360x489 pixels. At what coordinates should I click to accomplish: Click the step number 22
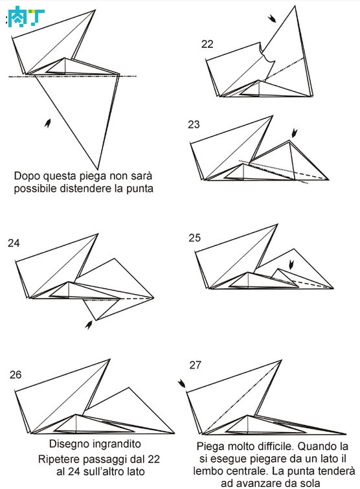(207, 44)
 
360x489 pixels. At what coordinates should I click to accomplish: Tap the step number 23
(194, 124)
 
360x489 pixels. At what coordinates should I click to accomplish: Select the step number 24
(14, 243)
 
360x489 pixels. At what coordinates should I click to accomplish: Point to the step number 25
(194, 238)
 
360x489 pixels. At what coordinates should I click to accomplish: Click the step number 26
(16, 374)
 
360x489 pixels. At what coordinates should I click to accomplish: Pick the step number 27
(196, 365)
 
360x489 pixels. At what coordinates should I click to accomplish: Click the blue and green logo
(26, 17)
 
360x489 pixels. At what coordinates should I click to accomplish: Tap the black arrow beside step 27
(181, 383)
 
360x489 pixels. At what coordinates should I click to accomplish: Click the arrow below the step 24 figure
(89, 324)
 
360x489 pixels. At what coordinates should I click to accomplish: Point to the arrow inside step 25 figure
(291, 264)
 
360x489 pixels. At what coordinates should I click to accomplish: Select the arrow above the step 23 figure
(294, 133)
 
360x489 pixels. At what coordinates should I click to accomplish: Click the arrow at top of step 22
(272, 18)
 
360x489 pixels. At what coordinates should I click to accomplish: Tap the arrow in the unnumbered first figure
(48, 123)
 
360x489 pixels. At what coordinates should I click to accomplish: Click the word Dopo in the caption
(27, 176)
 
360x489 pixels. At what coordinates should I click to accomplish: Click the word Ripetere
(57, 459)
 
